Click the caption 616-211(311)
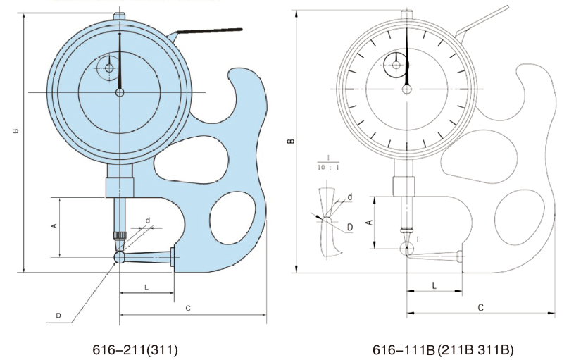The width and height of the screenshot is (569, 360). click(135, 349)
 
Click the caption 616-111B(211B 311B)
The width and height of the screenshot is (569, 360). click(443, 349)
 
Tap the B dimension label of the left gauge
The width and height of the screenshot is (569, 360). click(15, 131)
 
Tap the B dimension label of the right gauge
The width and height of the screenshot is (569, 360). click(291, 141)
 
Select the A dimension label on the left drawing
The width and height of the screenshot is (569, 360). click(54, 225)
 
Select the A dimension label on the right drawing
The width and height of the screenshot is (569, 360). click(370, 221)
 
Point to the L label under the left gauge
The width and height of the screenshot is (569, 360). click(146, 287)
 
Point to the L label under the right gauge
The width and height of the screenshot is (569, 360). click(434, 285)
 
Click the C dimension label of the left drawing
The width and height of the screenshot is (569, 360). click(188, 309)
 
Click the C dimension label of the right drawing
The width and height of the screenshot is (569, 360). click(480, 308)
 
